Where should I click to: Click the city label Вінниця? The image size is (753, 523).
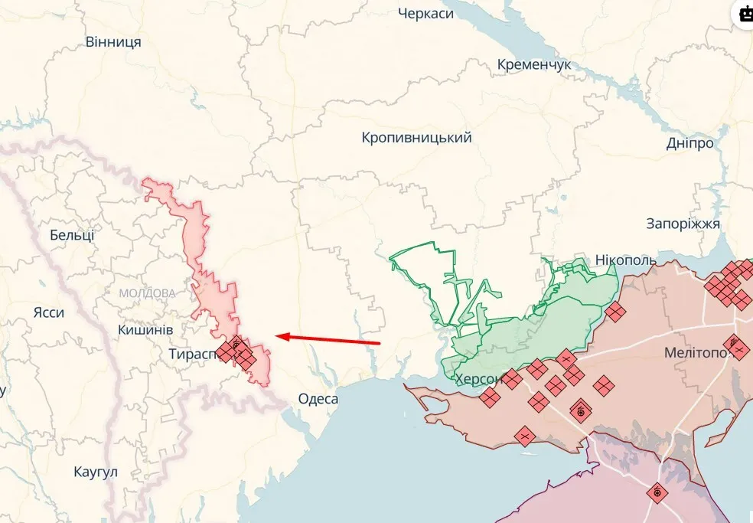tap(113, 41)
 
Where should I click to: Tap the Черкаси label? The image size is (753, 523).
tap(437, 13)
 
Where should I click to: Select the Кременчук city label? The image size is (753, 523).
tap(534, 65)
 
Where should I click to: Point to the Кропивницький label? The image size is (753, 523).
tap(416, 138)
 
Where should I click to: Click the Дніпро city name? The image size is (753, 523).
tap(689, 143)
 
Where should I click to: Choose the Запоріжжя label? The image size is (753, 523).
tap(683, 224)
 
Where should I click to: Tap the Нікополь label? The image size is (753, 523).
tap(625, 260)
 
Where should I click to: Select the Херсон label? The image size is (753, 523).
tap(479, 379)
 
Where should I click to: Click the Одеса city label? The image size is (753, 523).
tap(318, 399)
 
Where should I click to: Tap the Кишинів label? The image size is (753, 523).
tap(145, 329)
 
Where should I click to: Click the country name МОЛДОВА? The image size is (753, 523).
tap(147, 293)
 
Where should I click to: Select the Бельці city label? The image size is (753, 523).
tap(72, 235)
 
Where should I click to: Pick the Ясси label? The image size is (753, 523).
tap(49, 312)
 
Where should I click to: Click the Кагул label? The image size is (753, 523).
tap(96, 471)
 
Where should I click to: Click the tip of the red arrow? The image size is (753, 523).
tap(277, 335)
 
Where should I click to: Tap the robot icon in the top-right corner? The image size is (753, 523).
tap(745, 13)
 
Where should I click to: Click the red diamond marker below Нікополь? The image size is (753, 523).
tap(614, 311)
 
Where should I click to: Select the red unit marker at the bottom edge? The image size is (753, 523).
tap(656, 492)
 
